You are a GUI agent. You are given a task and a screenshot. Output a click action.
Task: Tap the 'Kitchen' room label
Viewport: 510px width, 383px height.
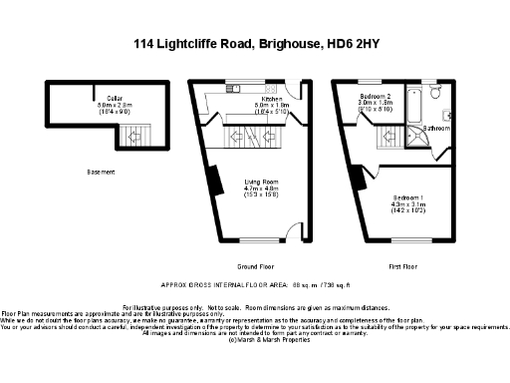click(x=244, y=97)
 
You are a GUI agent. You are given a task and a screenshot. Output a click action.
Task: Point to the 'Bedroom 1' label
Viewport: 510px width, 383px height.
click(x=409, y=197)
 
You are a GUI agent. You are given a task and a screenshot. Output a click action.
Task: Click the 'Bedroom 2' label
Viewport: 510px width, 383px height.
click(x=376, y=97)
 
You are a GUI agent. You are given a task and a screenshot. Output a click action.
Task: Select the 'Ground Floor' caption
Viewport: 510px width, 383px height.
click(x=256, y=267)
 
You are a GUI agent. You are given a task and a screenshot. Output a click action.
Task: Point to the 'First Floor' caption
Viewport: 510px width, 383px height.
click(x=403, y=267)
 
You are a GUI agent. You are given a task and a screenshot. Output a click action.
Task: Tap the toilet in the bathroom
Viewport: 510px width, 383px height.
click(x=447, y=114)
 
